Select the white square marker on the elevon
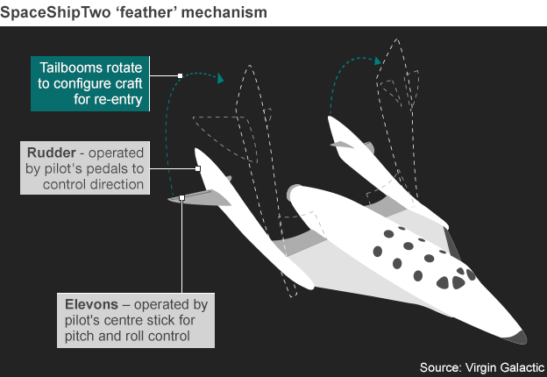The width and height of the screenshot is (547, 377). pyautogui.click(x=181, y=198)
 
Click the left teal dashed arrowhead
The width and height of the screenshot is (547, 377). pyautogui.click(x=221, y=78)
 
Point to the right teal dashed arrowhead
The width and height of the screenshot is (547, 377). pyautogui.click(x=380, y=60)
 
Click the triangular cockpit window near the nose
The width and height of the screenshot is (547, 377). pyautogui.click(x=458, y=281)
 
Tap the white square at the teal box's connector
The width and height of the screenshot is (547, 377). pyautogui.click(x=180, y=76)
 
